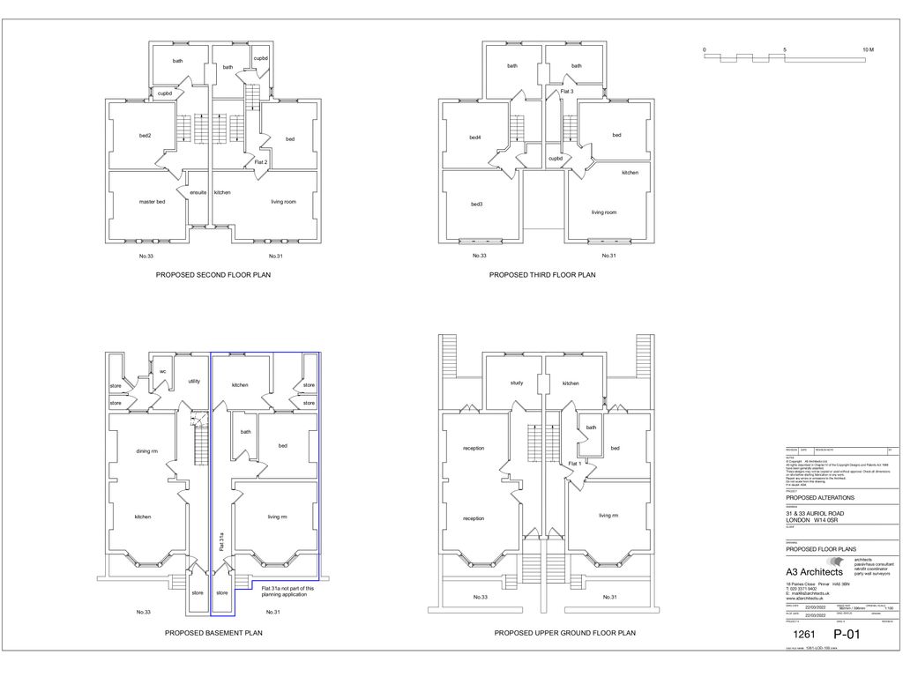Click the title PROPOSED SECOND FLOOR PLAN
(x=213, y=275)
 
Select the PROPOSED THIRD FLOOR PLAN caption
(x=542, y=275)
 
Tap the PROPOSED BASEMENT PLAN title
(x=213, y=633)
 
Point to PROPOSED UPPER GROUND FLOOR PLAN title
(x=564, y=633)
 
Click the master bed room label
(x=152, y=202)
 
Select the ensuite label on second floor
(x=198, y=192)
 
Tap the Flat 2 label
(x=260, y=163)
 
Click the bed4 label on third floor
(x=475, y=138)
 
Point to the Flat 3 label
(x=567, y=92)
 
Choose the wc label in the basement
(x=162, y=371)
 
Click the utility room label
(x=194, y=382)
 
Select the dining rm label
(x=146, y=451)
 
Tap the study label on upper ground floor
(x=517, y=383)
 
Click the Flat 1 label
(x=574, y=464)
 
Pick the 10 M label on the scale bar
(x=868, y=49)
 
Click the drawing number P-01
(x=847, y=634)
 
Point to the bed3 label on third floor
(x=476, y=205)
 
